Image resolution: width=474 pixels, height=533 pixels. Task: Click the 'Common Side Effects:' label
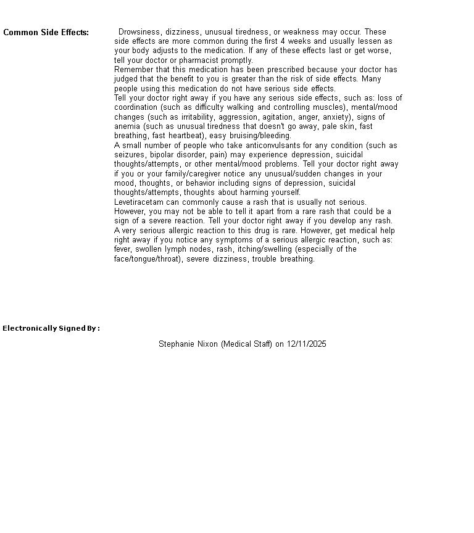46,33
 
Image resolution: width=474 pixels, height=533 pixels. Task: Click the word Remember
133,70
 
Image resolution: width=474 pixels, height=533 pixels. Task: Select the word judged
127,79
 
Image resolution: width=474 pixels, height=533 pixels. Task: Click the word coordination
136,107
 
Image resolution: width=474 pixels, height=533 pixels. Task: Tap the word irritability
197,117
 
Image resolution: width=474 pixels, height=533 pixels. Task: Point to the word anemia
127,126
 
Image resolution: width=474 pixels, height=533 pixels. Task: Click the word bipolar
159,155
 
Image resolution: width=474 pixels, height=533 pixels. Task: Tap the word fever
123,249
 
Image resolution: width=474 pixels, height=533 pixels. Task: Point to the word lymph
174,249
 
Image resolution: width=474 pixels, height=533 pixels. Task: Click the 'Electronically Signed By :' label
51,328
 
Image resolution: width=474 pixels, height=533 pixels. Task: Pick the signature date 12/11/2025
307,344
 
